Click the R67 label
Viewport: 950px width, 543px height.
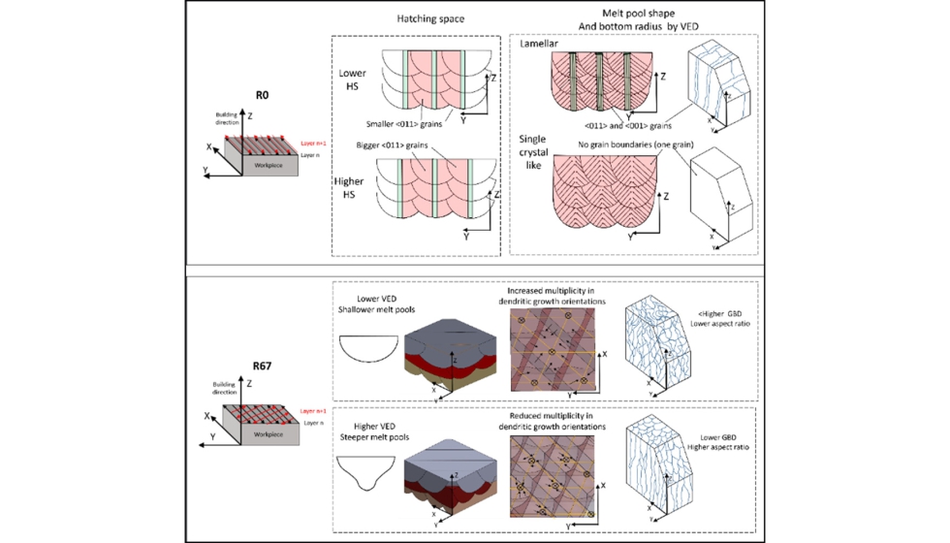(261, 367)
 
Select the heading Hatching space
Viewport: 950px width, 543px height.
(423, 19)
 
